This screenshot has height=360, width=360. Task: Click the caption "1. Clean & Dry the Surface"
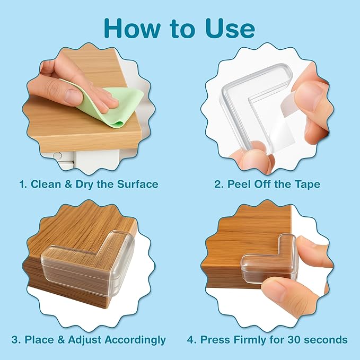[89, 185]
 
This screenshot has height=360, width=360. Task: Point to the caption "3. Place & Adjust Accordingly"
[89, 339]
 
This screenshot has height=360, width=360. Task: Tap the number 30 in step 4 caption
[300, 339]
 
